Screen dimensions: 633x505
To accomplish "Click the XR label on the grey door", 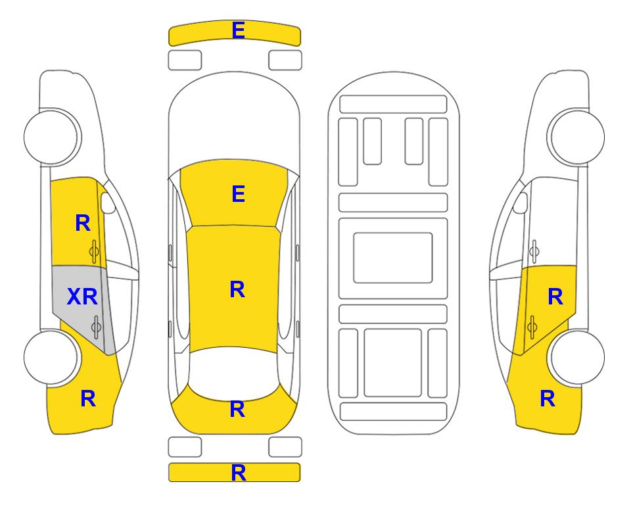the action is pos(82,297).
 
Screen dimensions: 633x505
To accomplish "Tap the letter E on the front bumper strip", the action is pos(238,30).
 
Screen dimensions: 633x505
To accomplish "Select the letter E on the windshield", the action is pos(238,194).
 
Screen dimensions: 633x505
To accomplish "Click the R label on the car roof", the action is pos(237,290).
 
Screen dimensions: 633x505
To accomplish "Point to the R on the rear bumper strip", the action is pos(238,473).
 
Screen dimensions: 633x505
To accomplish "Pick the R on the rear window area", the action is pos(237,409).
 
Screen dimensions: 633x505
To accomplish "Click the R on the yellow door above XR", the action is pos(83,223).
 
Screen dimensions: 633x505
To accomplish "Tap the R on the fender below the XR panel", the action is pos(88,398).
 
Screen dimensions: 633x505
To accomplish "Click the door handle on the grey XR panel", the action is pos(96,327).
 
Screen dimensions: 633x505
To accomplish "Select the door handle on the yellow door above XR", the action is pos(95,251).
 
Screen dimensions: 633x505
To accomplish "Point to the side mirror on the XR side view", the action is pos(108,203).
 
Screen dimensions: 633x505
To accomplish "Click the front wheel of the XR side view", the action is pos(51,137).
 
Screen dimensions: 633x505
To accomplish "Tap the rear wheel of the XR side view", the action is pos(51,357).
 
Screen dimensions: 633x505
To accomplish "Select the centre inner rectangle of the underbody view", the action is pos(393,258).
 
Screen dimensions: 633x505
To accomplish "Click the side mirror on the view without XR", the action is pos(521,203).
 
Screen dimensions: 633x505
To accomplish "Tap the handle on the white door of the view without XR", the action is pos(534,251).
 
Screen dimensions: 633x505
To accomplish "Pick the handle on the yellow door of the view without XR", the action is pos(532,327).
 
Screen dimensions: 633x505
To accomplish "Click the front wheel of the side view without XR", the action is pos(576,137).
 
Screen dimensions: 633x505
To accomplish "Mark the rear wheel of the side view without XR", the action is pos(576,357).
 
